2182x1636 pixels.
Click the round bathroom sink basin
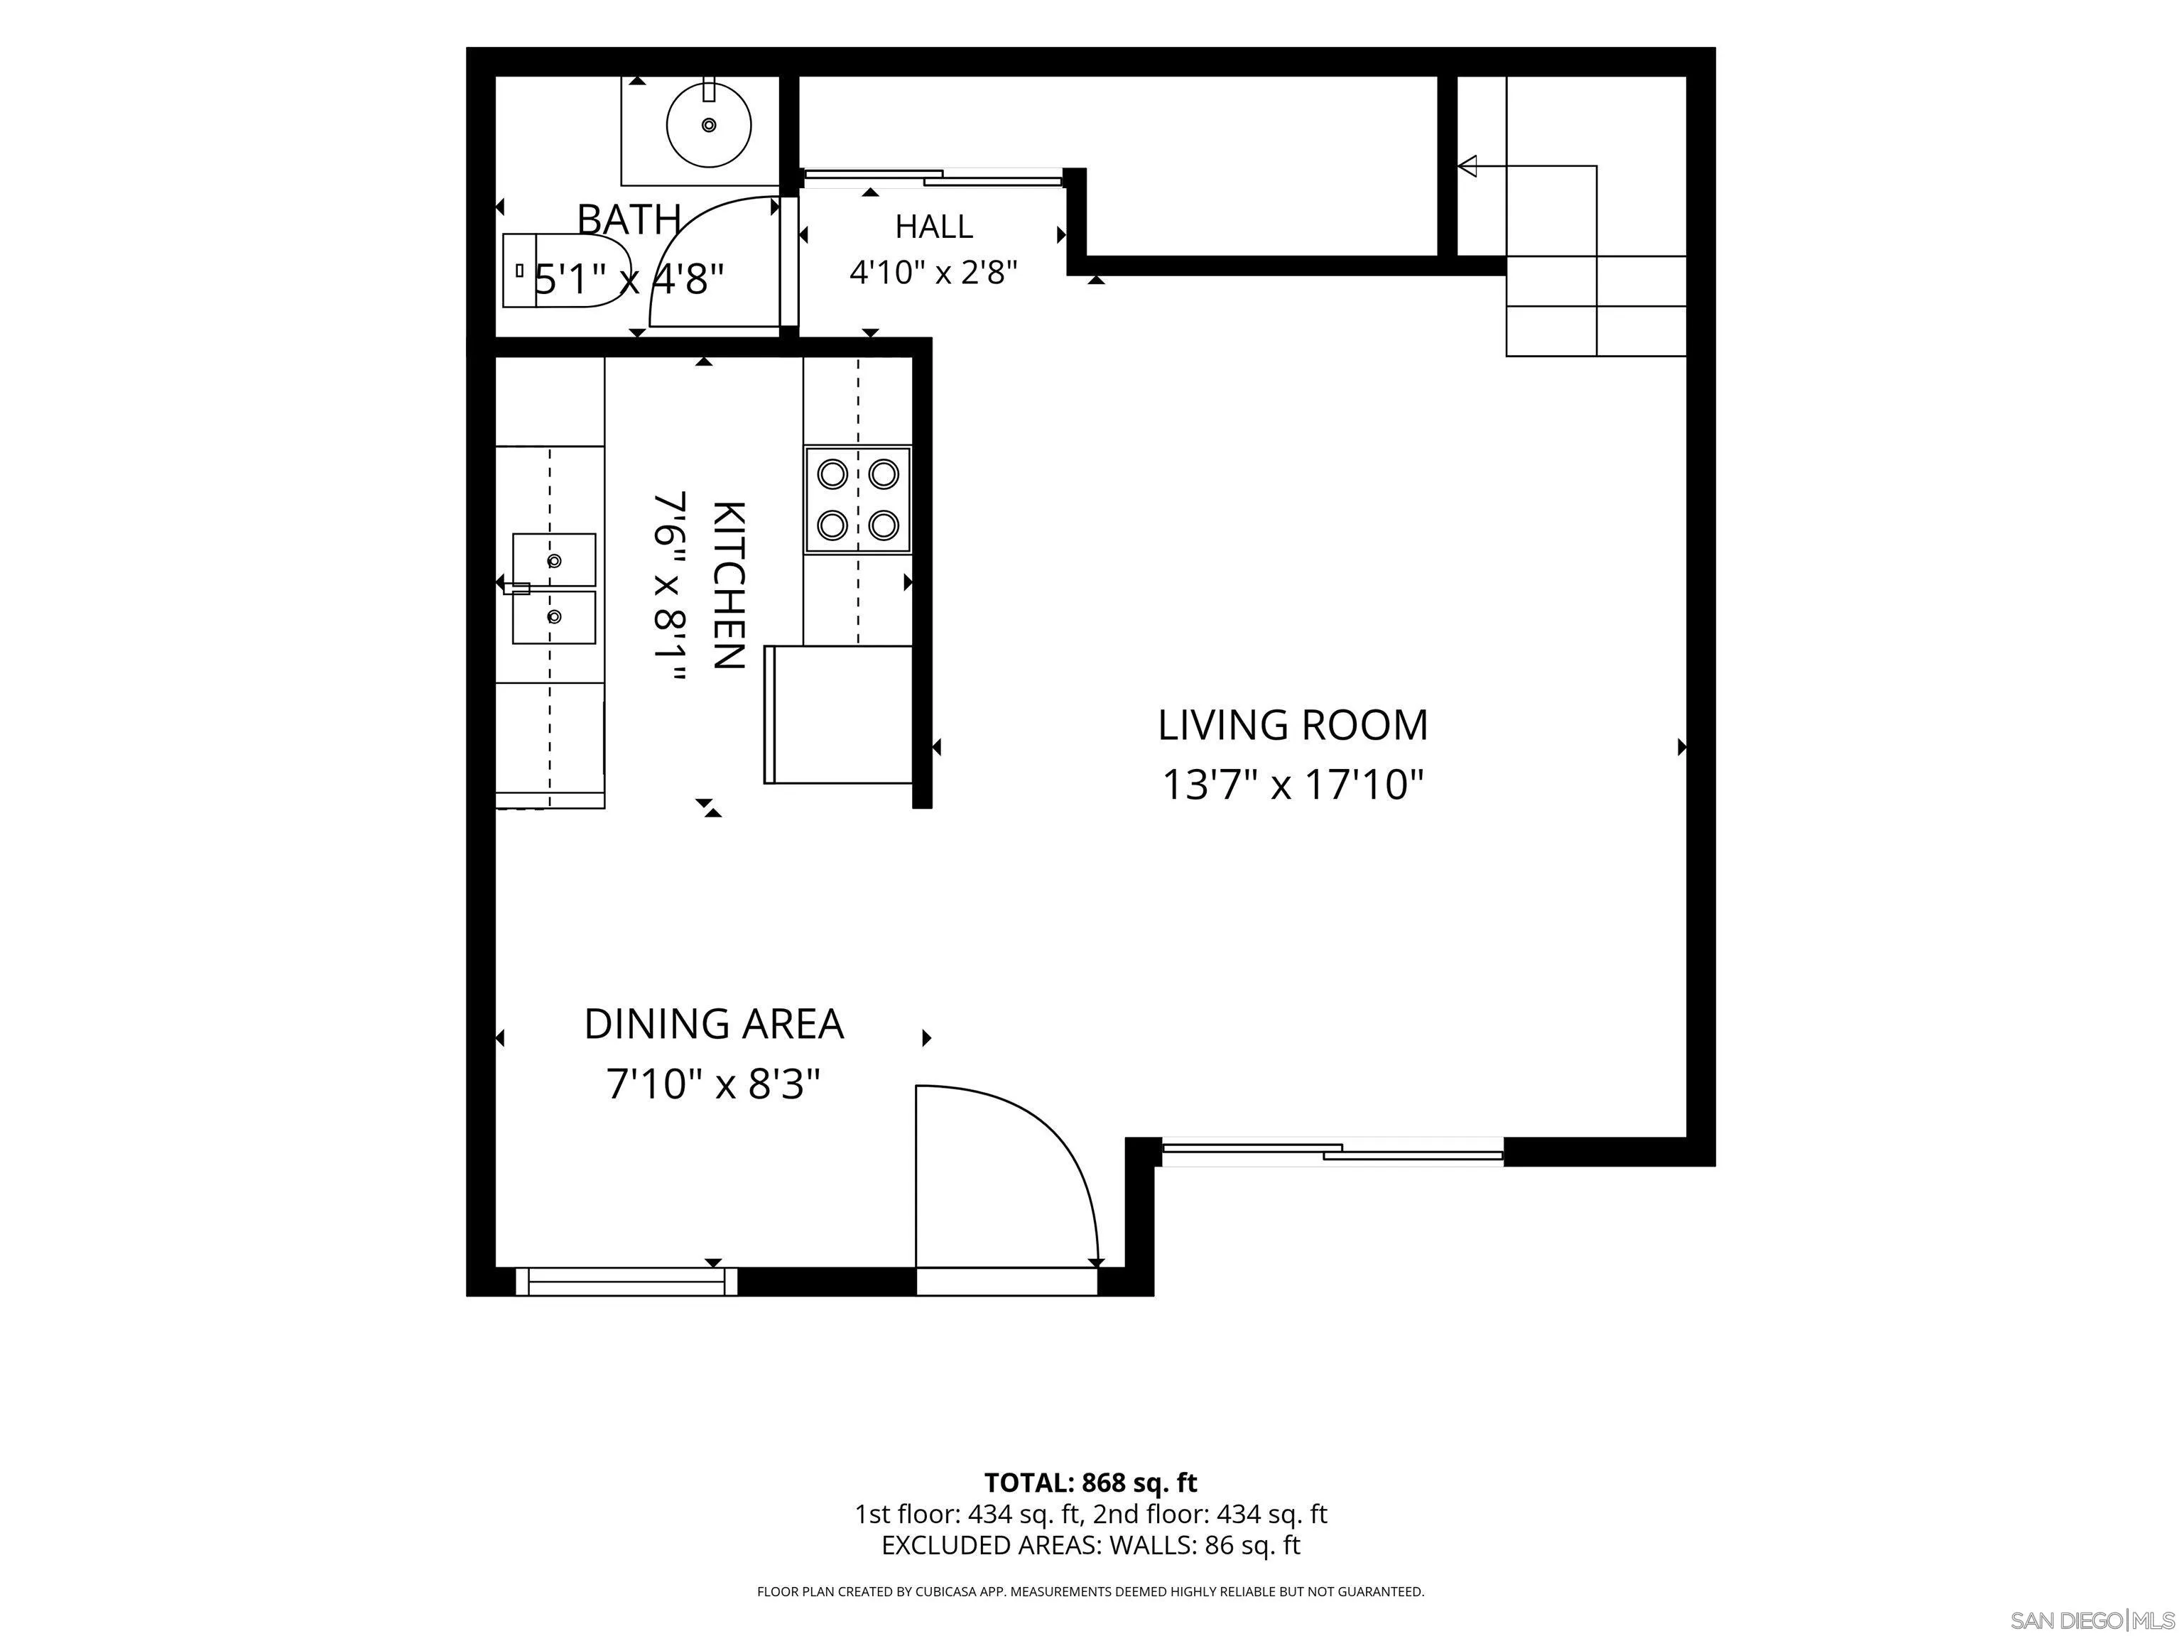tap(708, 125)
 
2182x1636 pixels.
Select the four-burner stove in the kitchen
tap(857, 499)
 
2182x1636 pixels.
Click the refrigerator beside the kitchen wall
tap(837, 714)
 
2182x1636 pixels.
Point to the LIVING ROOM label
tap(1292, 725)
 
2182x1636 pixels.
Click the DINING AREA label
tap(713, 1024)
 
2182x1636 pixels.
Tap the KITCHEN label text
tap(728, 585)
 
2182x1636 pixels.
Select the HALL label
tap(933, 227)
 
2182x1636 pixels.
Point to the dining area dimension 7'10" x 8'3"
tap(713, 1085)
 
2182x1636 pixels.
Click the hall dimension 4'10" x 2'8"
tap(933, 271)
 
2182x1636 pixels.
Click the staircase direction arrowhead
tap(1467, 165)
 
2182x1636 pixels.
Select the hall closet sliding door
tap(932, 178)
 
